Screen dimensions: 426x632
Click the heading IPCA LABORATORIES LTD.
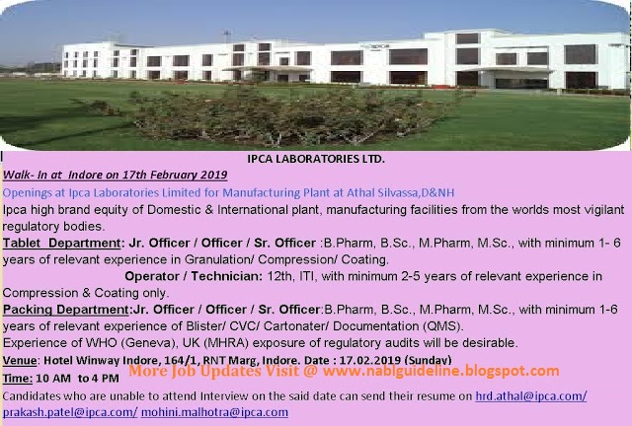point(316,158)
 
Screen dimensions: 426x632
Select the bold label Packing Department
point(66,310)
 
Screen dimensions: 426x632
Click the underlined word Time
point(17,378)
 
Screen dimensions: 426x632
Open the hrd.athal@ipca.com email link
point(530,395)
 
